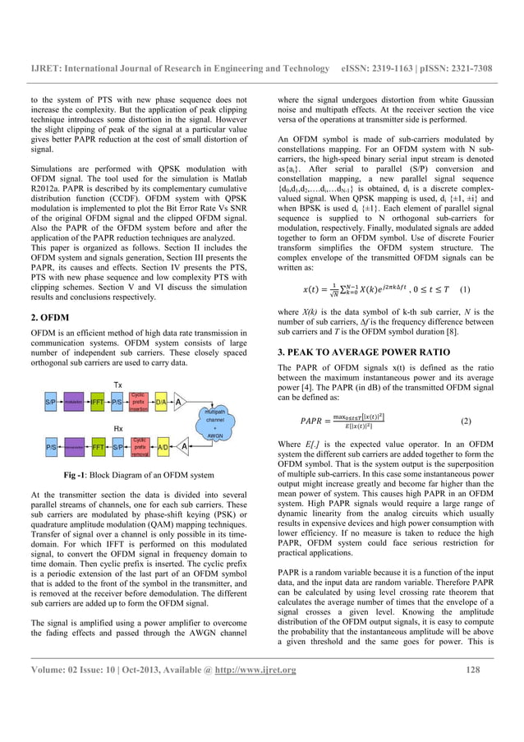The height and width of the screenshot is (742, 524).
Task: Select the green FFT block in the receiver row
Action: coord(97,448)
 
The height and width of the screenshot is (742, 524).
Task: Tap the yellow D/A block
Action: coord(161,403)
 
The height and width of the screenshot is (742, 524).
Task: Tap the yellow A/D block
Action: coord(163,448)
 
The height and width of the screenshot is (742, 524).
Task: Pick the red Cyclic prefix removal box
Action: coord(140,448)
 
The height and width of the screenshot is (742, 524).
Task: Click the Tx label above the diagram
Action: coord(118,385)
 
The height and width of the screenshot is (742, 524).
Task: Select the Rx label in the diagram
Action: coord(118,427)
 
